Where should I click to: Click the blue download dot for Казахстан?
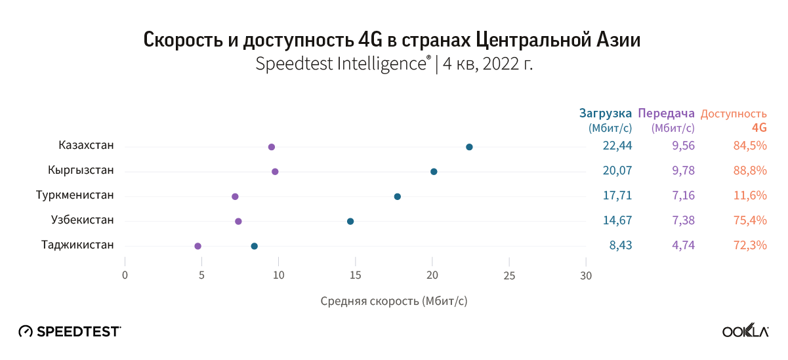tap(469, 147)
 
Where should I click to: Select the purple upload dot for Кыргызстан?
tap(275, 172)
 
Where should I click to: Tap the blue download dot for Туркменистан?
tap(397, 197)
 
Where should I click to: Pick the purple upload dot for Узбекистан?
tap(238, 222)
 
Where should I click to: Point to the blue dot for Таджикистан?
tap(255, 246)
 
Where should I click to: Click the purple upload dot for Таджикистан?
tap(197, 246)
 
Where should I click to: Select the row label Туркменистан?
tap(75, 195)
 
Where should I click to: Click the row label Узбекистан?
tap(83, 220)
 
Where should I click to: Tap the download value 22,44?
tap(617, 146)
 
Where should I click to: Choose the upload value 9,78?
tap(683, 170)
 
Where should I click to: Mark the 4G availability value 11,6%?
tap(751, 195)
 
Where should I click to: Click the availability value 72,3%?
tap(751, 245)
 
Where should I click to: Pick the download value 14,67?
tap(617, 220)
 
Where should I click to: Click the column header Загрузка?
tap(606, 113)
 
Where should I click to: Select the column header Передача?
tap(666, 113)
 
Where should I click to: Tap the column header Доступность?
tap(734, 113)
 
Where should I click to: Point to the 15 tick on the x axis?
tap(356, 275)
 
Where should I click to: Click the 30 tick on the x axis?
tap(586, 275)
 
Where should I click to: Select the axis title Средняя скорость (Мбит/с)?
tap(394, 302)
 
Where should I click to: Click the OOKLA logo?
tap(745, 332)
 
